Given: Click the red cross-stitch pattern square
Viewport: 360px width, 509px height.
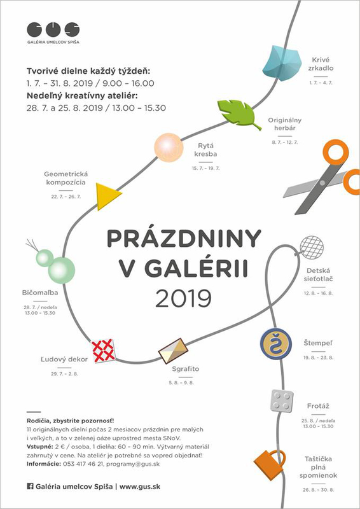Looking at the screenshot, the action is [104, 350].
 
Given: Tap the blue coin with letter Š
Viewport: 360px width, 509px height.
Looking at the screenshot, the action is [275, 345].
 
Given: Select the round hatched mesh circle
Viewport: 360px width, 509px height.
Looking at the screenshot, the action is [310, 247].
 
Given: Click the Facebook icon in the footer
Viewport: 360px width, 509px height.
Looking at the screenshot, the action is [30, 486].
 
